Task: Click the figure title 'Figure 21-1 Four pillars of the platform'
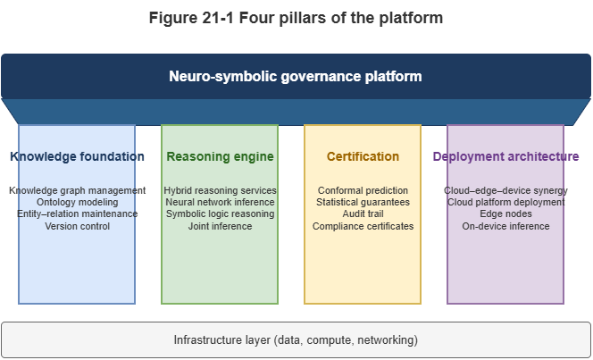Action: click(x=296, y=17)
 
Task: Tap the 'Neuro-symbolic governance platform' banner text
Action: click(x=296, y=76)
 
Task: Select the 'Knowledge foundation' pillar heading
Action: click(x=77, y=156)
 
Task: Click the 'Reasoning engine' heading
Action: click(x=220, y=156)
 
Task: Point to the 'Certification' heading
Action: click(x=363, y=156)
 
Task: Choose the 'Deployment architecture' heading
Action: click(x=505, y=156)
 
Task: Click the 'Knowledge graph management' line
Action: click(x=77, y=190)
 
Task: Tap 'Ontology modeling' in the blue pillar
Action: click(x=77, y=203)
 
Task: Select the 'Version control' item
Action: click(x=77, y=227)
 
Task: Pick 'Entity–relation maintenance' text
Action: click(x=77, y=214)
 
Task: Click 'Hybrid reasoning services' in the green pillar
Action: click(x=220, y=190)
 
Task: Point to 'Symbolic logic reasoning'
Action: click(x=220, y=214)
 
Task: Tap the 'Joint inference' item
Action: click(x=220, y=227)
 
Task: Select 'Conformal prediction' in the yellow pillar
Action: click(x=363, y=190)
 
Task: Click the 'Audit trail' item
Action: click(x=363, y=214)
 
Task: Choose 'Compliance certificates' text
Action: click(x=363, y=227)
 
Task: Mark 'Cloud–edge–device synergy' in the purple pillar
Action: click(x=505, y=190)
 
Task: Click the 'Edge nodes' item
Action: click(x=505, y=214)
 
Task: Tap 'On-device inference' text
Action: click(x=505, y=227)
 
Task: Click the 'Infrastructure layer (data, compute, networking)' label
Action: click(x=296, y=340)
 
